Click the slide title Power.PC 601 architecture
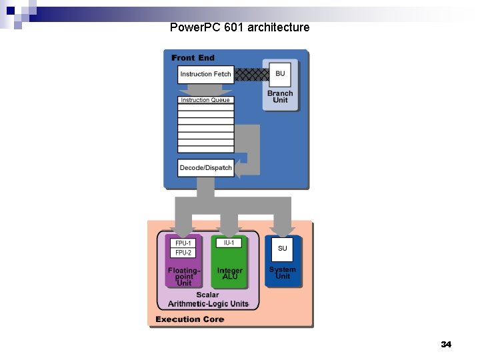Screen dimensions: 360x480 click(239, 27)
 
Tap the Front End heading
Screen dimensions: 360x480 click(193, 58)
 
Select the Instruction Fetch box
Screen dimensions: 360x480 click(205, 74)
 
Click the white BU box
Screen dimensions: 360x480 click(280, 73)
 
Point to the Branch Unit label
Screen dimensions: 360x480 click(280, 97)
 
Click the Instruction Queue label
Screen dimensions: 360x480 click(205, 100)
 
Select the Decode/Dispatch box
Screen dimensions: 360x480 click(205, 168)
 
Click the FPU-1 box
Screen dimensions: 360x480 click(183, 243)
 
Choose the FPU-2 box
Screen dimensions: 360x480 click(183, 253)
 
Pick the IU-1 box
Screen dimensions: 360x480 click(229, 243)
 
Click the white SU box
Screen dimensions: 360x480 click(283, 249)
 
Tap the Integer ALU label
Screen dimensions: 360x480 click(229, 273)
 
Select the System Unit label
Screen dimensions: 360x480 click(283, 273)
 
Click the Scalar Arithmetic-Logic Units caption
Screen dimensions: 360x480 click(207, 299)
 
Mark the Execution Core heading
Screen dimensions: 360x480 click(189, 319)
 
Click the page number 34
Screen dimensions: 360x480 click(446, 345)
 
